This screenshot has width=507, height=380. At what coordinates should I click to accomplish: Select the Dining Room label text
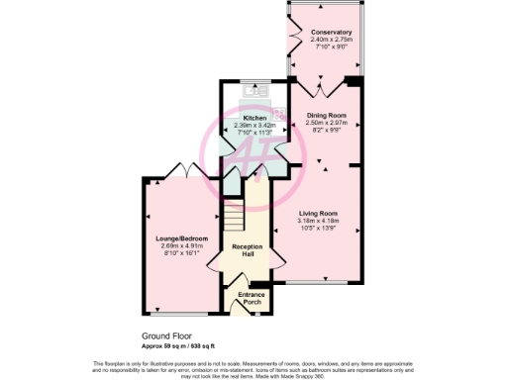click(324, 116)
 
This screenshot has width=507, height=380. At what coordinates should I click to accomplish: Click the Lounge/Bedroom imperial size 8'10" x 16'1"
click(178, 252)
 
